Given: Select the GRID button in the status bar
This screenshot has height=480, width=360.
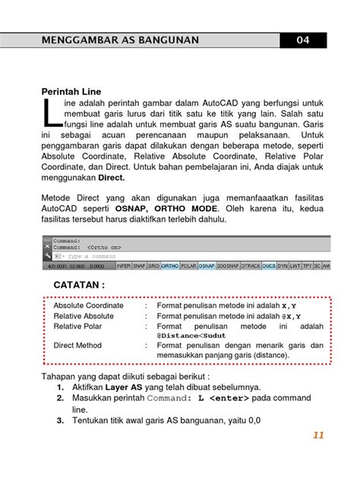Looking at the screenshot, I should [153, 267].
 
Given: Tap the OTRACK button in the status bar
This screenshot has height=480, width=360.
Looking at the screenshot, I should [249, 267].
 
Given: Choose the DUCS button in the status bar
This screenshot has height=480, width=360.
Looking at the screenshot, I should [269, 267].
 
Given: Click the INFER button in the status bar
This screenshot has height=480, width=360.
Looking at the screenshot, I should [123, 267].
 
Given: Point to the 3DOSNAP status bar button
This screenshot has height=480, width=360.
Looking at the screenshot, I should [227, 267].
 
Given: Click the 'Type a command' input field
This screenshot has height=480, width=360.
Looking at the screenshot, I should [84, 257].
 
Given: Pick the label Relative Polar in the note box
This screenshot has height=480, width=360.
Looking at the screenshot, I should [79, 326].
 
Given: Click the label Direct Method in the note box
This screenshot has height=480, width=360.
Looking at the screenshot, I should [77, 346].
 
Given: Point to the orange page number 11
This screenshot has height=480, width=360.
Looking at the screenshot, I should [317, 435].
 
